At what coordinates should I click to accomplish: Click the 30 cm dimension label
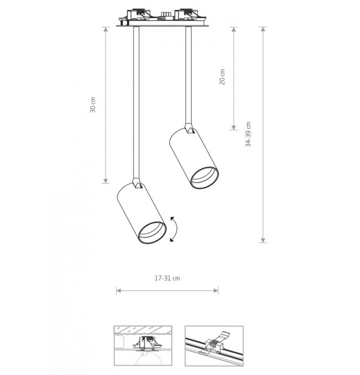point(93,105)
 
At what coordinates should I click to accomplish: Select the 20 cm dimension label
point(222,77)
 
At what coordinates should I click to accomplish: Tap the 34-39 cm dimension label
point(248,134)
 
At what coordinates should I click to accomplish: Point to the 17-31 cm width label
point(167,278)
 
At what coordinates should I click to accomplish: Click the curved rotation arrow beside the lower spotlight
point(174,229)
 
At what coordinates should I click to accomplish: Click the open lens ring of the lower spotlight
point(152,233)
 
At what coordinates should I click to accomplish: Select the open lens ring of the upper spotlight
point(204,178)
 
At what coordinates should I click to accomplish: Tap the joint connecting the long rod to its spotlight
point(137,183)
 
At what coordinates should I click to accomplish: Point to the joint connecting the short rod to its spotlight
point(189,128)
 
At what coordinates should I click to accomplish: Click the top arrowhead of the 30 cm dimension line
point(106,29)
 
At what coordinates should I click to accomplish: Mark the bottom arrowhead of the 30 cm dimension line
point(106,181)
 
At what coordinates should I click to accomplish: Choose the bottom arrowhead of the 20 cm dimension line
point(234,127)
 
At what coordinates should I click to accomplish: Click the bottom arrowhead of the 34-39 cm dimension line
point(263,240)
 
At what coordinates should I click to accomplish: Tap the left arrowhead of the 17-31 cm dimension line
point(119,291)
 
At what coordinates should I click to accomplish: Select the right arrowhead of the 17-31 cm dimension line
point(216,291)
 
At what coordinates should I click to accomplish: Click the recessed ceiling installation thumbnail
point(143,346)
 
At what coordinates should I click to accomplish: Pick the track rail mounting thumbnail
point(214,346)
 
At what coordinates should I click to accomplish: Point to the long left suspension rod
point(136,102)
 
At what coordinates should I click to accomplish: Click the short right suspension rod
point(188,75)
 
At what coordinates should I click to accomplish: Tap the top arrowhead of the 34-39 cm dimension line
point(263,29)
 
